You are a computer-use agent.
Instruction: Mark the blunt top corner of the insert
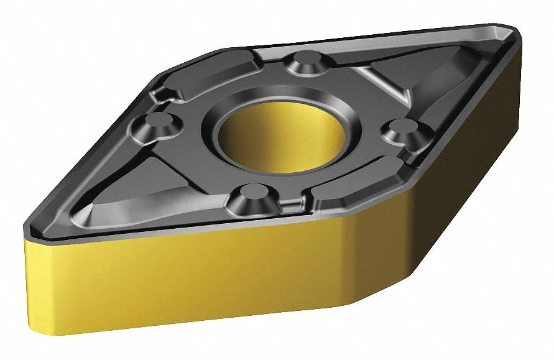click(224, 50)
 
